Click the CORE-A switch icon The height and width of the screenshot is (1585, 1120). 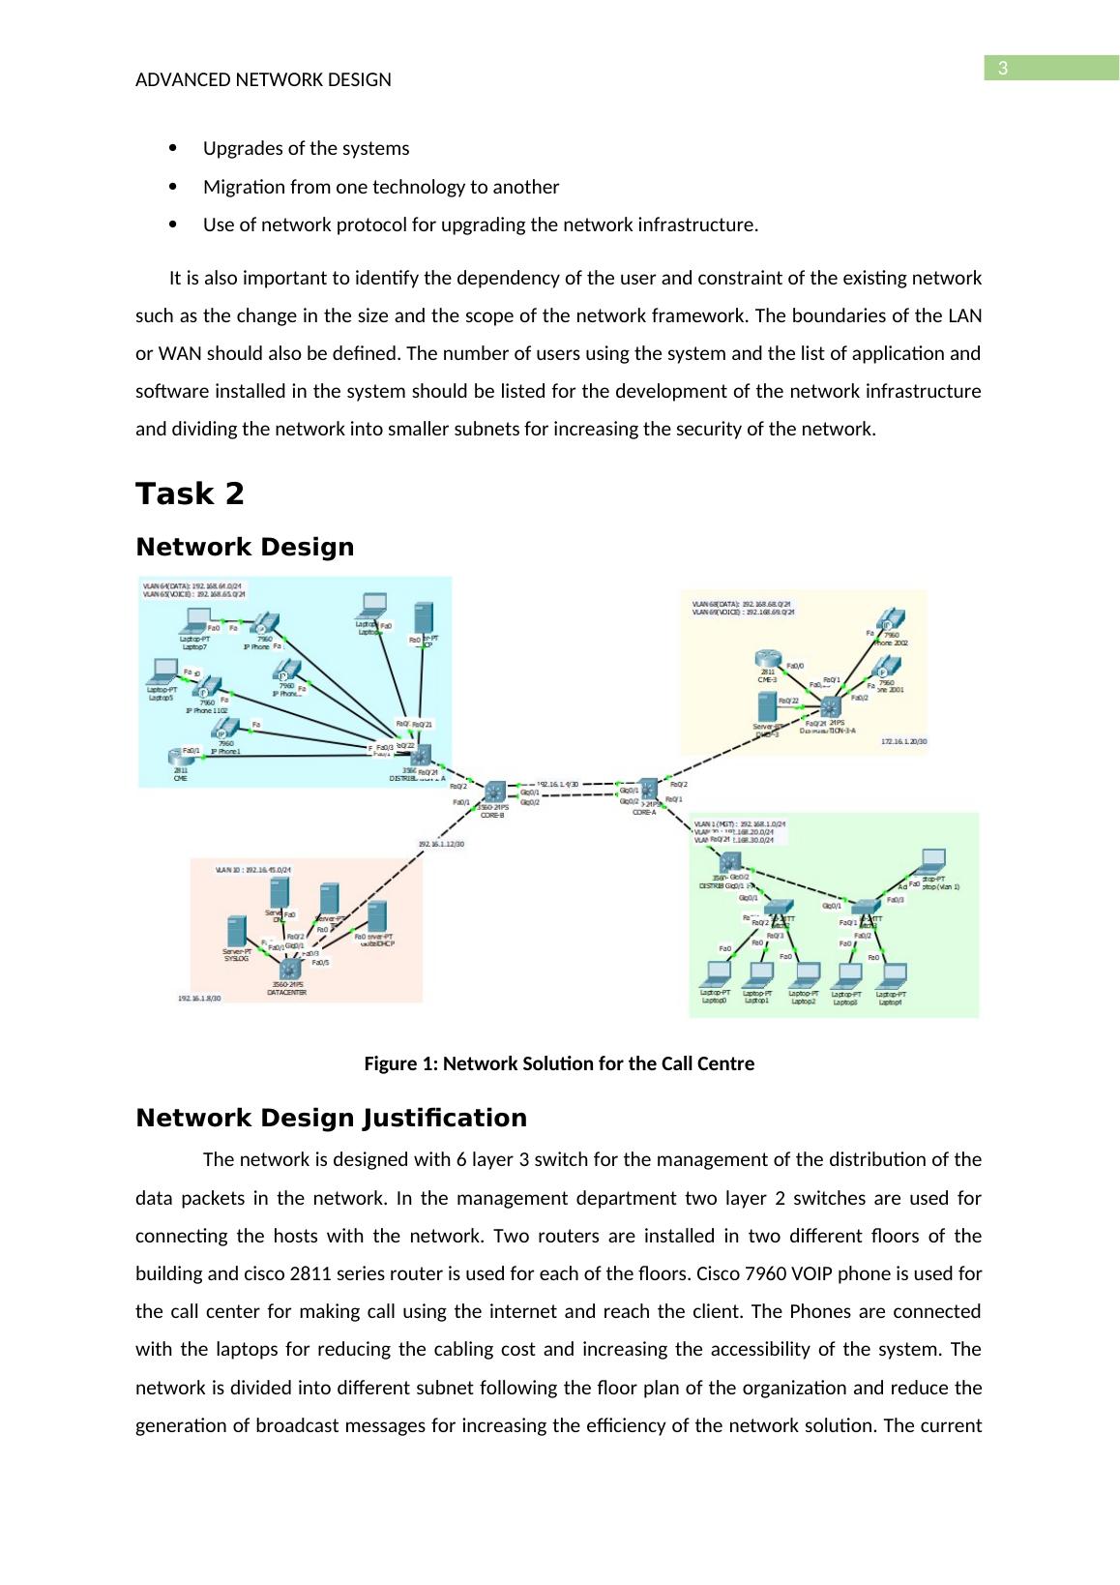tap(646, 789)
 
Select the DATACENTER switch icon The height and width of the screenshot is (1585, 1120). tap(289, 967)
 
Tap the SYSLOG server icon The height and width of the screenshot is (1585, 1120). tap(235, 932)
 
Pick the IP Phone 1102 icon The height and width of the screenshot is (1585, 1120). tap(206, 688)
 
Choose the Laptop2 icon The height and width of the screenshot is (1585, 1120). tap(803, 972)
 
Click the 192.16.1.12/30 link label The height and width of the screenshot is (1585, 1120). tap(440, 844)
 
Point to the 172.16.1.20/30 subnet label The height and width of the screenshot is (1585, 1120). tap(903, 741)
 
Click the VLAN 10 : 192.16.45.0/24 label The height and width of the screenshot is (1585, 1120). tap(253, 870)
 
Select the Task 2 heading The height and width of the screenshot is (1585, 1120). tap(190, 494)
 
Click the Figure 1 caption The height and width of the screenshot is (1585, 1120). tap(558, 1064)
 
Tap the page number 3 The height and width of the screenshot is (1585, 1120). tap(1003, 69)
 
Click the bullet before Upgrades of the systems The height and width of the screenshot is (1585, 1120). tap(173, 148)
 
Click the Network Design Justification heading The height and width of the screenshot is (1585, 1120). tap(331, 1119)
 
